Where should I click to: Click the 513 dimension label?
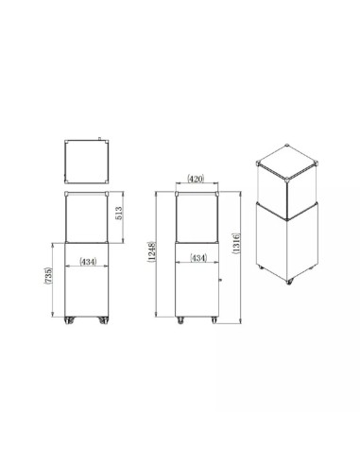click(119, 214)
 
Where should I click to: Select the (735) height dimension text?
click(48, 276)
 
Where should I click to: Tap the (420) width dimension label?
click(196, 180)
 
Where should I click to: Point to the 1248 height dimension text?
click(152, 251)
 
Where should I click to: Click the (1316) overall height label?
click(236, 244)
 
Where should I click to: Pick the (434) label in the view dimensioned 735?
click(88, 262)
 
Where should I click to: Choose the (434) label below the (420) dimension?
click(198, 258)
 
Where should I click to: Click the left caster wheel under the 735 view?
click(69, 320)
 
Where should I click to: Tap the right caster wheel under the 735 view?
click(104, 320)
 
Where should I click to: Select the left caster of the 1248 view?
click(180, 320)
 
